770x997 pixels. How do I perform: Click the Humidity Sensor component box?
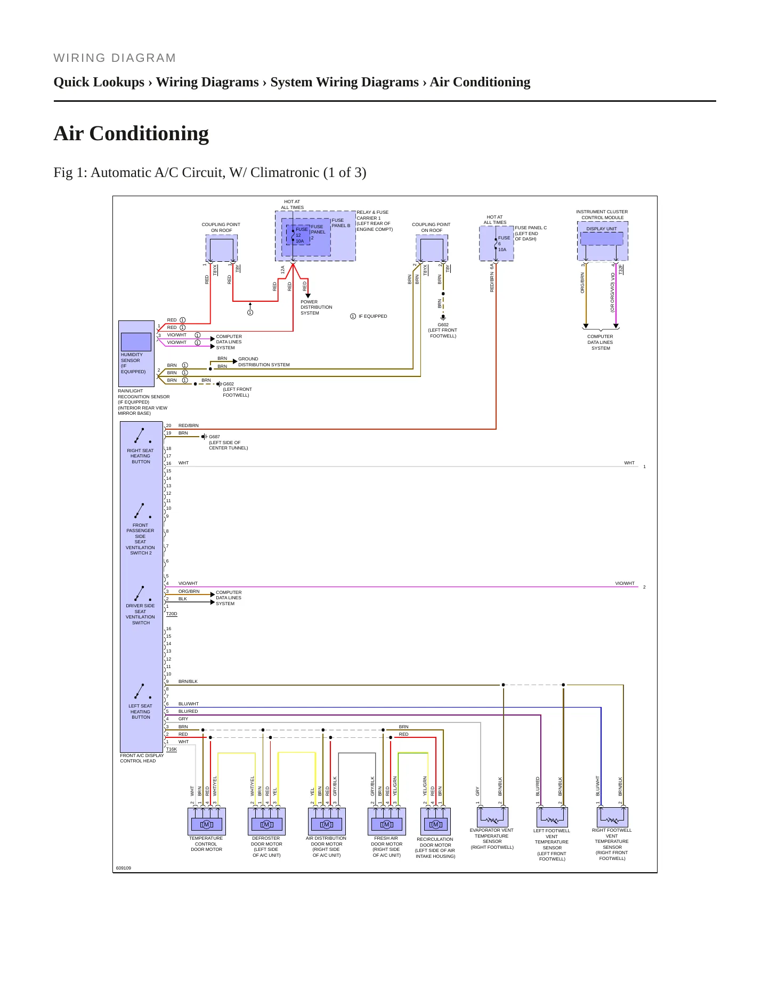pos(136,342)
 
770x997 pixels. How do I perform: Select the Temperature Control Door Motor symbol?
pos(207,821)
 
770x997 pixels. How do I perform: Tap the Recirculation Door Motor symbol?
pos(435,821)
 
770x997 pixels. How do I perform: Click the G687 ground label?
pos(214,437)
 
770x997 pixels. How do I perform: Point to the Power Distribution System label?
pos(316,307)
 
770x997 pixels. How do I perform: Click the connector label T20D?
pos(172,614)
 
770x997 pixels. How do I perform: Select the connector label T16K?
pos(171,749)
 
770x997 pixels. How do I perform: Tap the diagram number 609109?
pos(124,868)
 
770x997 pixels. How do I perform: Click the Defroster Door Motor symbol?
pos(267,821)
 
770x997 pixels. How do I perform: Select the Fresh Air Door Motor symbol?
pos(387,821)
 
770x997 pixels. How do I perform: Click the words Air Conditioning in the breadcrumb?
pos(480,82)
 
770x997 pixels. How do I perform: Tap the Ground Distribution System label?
pos(264,362)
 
